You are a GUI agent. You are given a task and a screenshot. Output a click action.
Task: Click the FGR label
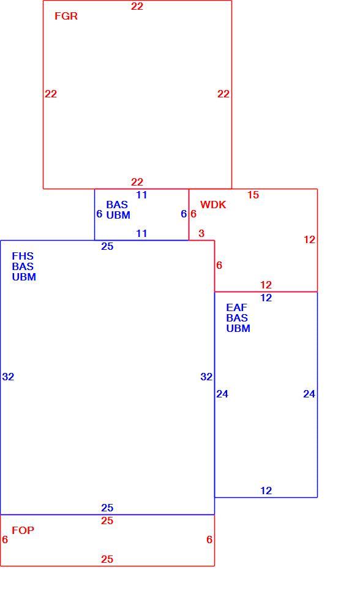point(66,16)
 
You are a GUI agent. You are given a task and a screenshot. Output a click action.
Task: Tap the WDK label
point(213,205)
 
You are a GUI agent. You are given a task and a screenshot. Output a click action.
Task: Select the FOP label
point(23,530)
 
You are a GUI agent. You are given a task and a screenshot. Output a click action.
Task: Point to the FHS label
point(23,256)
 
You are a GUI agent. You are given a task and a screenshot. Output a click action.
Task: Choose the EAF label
point(236,307)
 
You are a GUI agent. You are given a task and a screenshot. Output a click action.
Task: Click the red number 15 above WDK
point(253,195)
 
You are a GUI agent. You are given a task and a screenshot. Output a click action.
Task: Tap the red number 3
point(201,234)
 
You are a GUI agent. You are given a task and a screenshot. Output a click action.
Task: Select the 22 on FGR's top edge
point(137,7)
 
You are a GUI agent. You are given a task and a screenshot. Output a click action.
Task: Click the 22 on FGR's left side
point(51,94)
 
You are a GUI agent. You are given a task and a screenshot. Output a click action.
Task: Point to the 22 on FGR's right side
point(223,94)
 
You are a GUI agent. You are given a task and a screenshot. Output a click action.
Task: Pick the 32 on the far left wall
point(8,377)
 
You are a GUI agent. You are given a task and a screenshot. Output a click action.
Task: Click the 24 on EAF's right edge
point(309,394)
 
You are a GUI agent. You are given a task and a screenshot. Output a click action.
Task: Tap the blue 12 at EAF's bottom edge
point(266,491)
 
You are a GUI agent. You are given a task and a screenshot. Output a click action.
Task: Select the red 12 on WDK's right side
point(309,240)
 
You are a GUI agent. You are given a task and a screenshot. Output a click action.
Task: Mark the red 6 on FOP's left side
point(4,540)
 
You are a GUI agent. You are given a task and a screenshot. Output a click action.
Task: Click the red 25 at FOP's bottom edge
point(107,560)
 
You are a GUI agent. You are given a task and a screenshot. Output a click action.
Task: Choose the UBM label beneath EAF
point(238,328)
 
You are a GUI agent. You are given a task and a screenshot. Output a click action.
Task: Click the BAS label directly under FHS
point(23,267)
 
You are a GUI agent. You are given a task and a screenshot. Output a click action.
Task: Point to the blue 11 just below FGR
point(141,195)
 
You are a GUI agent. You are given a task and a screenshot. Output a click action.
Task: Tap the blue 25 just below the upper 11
point(107,247)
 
